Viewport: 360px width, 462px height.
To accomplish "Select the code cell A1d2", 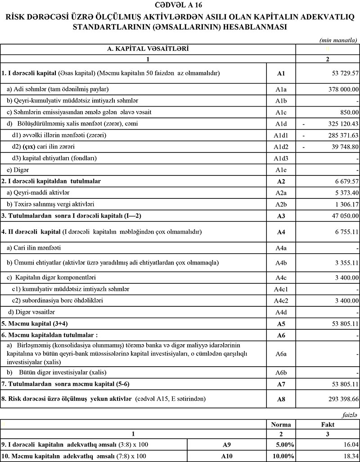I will point(281,147).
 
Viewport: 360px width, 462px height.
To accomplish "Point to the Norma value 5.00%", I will point(284,444).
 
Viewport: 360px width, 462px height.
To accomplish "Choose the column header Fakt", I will point(328,424).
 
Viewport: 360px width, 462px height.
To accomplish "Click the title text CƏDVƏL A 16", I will point(180,6).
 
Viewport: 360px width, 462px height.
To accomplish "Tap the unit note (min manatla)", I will point(338,40).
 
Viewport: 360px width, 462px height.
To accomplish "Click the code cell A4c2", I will point(281,300).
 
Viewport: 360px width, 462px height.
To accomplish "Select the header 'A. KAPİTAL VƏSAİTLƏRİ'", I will point(148,48).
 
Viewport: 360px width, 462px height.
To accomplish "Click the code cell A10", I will point(227,456).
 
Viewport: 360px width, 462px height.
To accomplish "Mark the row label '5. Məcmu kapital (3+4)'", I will point(31,323).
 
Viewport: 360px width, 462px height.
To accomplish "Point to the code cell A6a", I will point(281,354).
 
